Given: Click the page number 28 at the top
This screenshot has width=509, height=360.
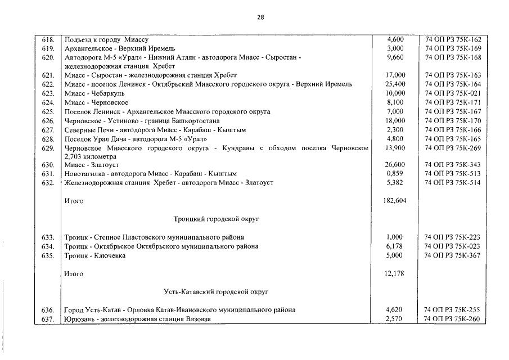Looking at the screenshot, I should pyautogui.click(x=260, y=17).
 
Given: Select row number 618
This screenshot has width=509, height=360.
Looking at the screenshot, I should pyautogui.click(x=48, y=40).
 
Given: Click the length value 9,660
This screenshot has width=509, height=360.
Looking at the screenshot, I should pyautogui.click(x=395, y=57).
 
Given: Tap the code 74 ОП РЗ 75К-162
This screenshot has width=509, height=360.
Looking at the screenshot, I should pyautogui.click(x=453, y=40).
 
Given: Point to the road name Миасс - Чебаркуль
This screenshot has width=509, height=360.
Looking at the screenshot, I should pyautogui.click(x=94, y=93).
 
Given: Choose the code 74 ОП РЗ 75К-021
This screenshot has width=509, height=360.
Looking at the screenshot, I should pyautogui.click(x=453, y=93).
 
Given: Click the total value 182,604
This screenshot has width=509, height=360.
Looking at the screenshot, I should pyautogui.click(x=394, y=201).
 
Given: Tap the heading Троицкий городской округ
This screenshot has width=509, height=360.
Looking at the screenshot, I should pyautogui.click(x=216, y=219).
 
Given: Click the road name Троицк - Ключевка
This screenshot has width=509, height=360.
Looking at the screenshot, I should pyautogui.click(x=95, y=255).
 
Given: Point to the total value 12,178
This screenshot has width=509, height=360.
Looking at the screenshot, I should pyautogui.click(x=394, y=274).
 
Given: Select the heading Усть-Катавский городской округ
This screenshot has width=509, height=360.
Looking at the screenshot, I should pyautogui.click(x=216, y=292).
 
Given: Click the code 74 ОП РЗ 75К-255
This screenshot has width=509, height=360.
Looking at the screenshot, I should pyautogui.click(x=453, y=310).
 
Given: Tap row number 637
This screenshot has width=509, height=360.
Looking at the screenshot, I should pyautogui.click(x=48, y=319).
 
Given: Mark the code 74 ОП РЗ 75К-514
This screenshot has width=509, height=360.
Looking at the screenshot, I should pyautogui.click(x=453, y=183).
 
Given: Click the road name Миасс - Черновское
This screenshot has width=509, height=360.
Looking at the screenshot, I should pyautogui.click(x=96, y=102).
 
